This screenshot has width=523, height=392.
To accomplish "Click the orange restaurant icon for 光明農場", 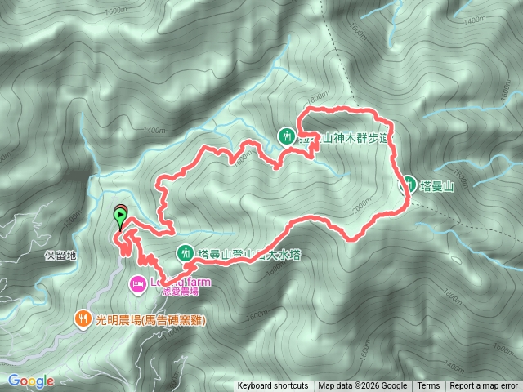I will (x=83, y=319).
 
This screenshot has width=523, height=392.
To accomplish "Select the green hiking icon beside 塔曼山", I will (x=406, y=183).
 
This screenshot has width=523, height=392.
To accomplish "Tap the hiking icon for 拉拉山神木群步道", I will (x=287, y=136).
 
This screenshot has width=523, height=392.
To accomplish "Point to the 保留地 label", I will (x=60, y=256).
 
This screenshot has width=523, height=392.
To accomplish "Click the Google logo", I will (x=30, y=381).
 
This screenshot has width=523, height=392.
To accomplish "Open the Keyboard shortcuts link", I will (x=273, y=386).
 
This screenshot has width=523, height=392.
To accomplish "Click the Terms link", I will (x=427, y=386).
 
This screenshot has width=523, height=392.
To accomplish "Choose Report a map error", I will (x=485, y=386).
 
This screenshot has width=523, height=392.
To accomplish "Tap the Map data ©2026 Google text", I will (x=363, y=386).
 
